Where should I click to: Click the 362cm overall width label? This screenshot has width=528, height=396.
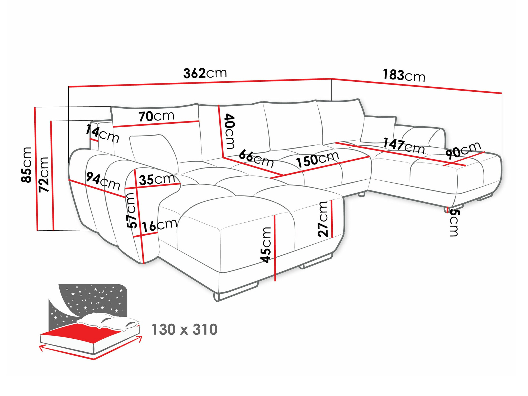[205, 73]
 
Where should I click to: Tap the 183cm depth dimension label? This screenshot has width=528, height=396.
[404, 76]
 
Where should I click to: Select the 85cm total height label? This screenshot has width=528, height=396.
[27, 165]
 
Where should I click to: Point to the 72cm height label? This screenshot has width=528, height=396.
[44, 175]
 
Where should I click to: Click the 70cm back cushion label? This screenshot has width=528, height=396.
[156, 116]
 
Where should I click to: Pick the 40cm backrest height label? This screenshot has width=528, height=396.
[229, 131]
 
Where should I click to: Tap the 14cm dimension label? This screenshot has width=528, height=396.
[102, 134]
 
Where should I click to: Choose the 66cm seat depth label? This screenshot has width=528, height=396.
[256, 159]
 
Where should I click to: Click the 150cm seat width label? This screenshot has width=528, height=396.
[317, 160]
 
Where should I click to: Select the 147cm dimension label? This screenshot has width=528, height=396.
[404, 146]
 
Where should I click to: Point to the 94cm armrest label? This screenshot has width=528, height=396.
[103, 181]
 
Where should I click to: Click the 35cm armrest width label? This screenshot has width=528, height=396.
[157, 179]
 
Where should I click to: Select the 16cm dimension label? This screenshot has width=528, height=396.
[159, 225]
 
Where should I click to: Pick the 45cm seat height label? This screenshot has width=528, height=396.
[266, 245]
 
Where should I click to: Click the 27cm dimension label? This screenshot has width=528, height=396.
[323, 219]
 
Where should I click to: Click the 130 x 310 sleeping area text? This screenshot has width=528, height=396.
[184, 330]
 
